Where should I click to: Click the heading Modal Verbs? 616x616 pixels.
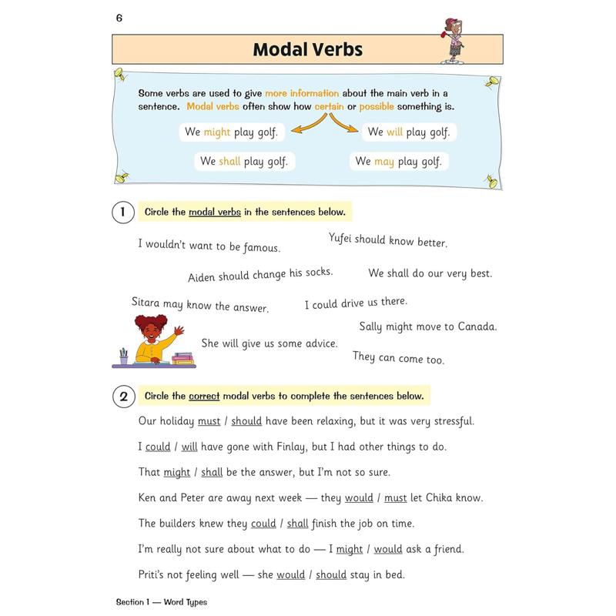(x=307, y=50)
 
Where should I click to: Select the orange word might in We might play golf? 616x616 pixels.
(x=217, y=132)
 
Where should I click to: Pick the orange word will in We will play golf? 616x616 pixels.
(x=395, y=132)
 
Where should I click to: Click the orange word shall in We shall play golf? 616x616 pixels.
(x=229, y=162)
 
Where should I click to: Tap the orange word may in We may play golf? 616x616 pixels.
(x=383, y=162)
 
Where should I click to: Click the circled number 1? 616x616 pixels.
(x=122, y=212)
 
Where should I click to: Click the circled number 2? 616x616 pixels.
(x=122, y=397)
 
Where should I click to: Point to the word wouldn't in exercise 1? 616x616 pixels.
(x=174, y=244)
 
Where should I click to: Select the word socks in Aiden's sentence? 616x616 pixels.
(x=316, y=273)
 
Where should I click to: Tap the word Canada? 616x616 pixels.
(x=477, y=326)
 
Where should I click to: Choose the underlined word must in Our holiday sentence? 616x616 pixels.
(x=209, y=421)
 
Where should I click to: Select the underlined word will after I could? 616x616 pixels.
(x=189, y=447)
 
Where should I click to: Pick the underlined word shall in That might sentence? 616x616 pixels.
(x=212, y=472)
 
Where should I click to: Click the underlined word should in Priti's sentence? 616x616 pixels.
(x=331, y=574)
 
